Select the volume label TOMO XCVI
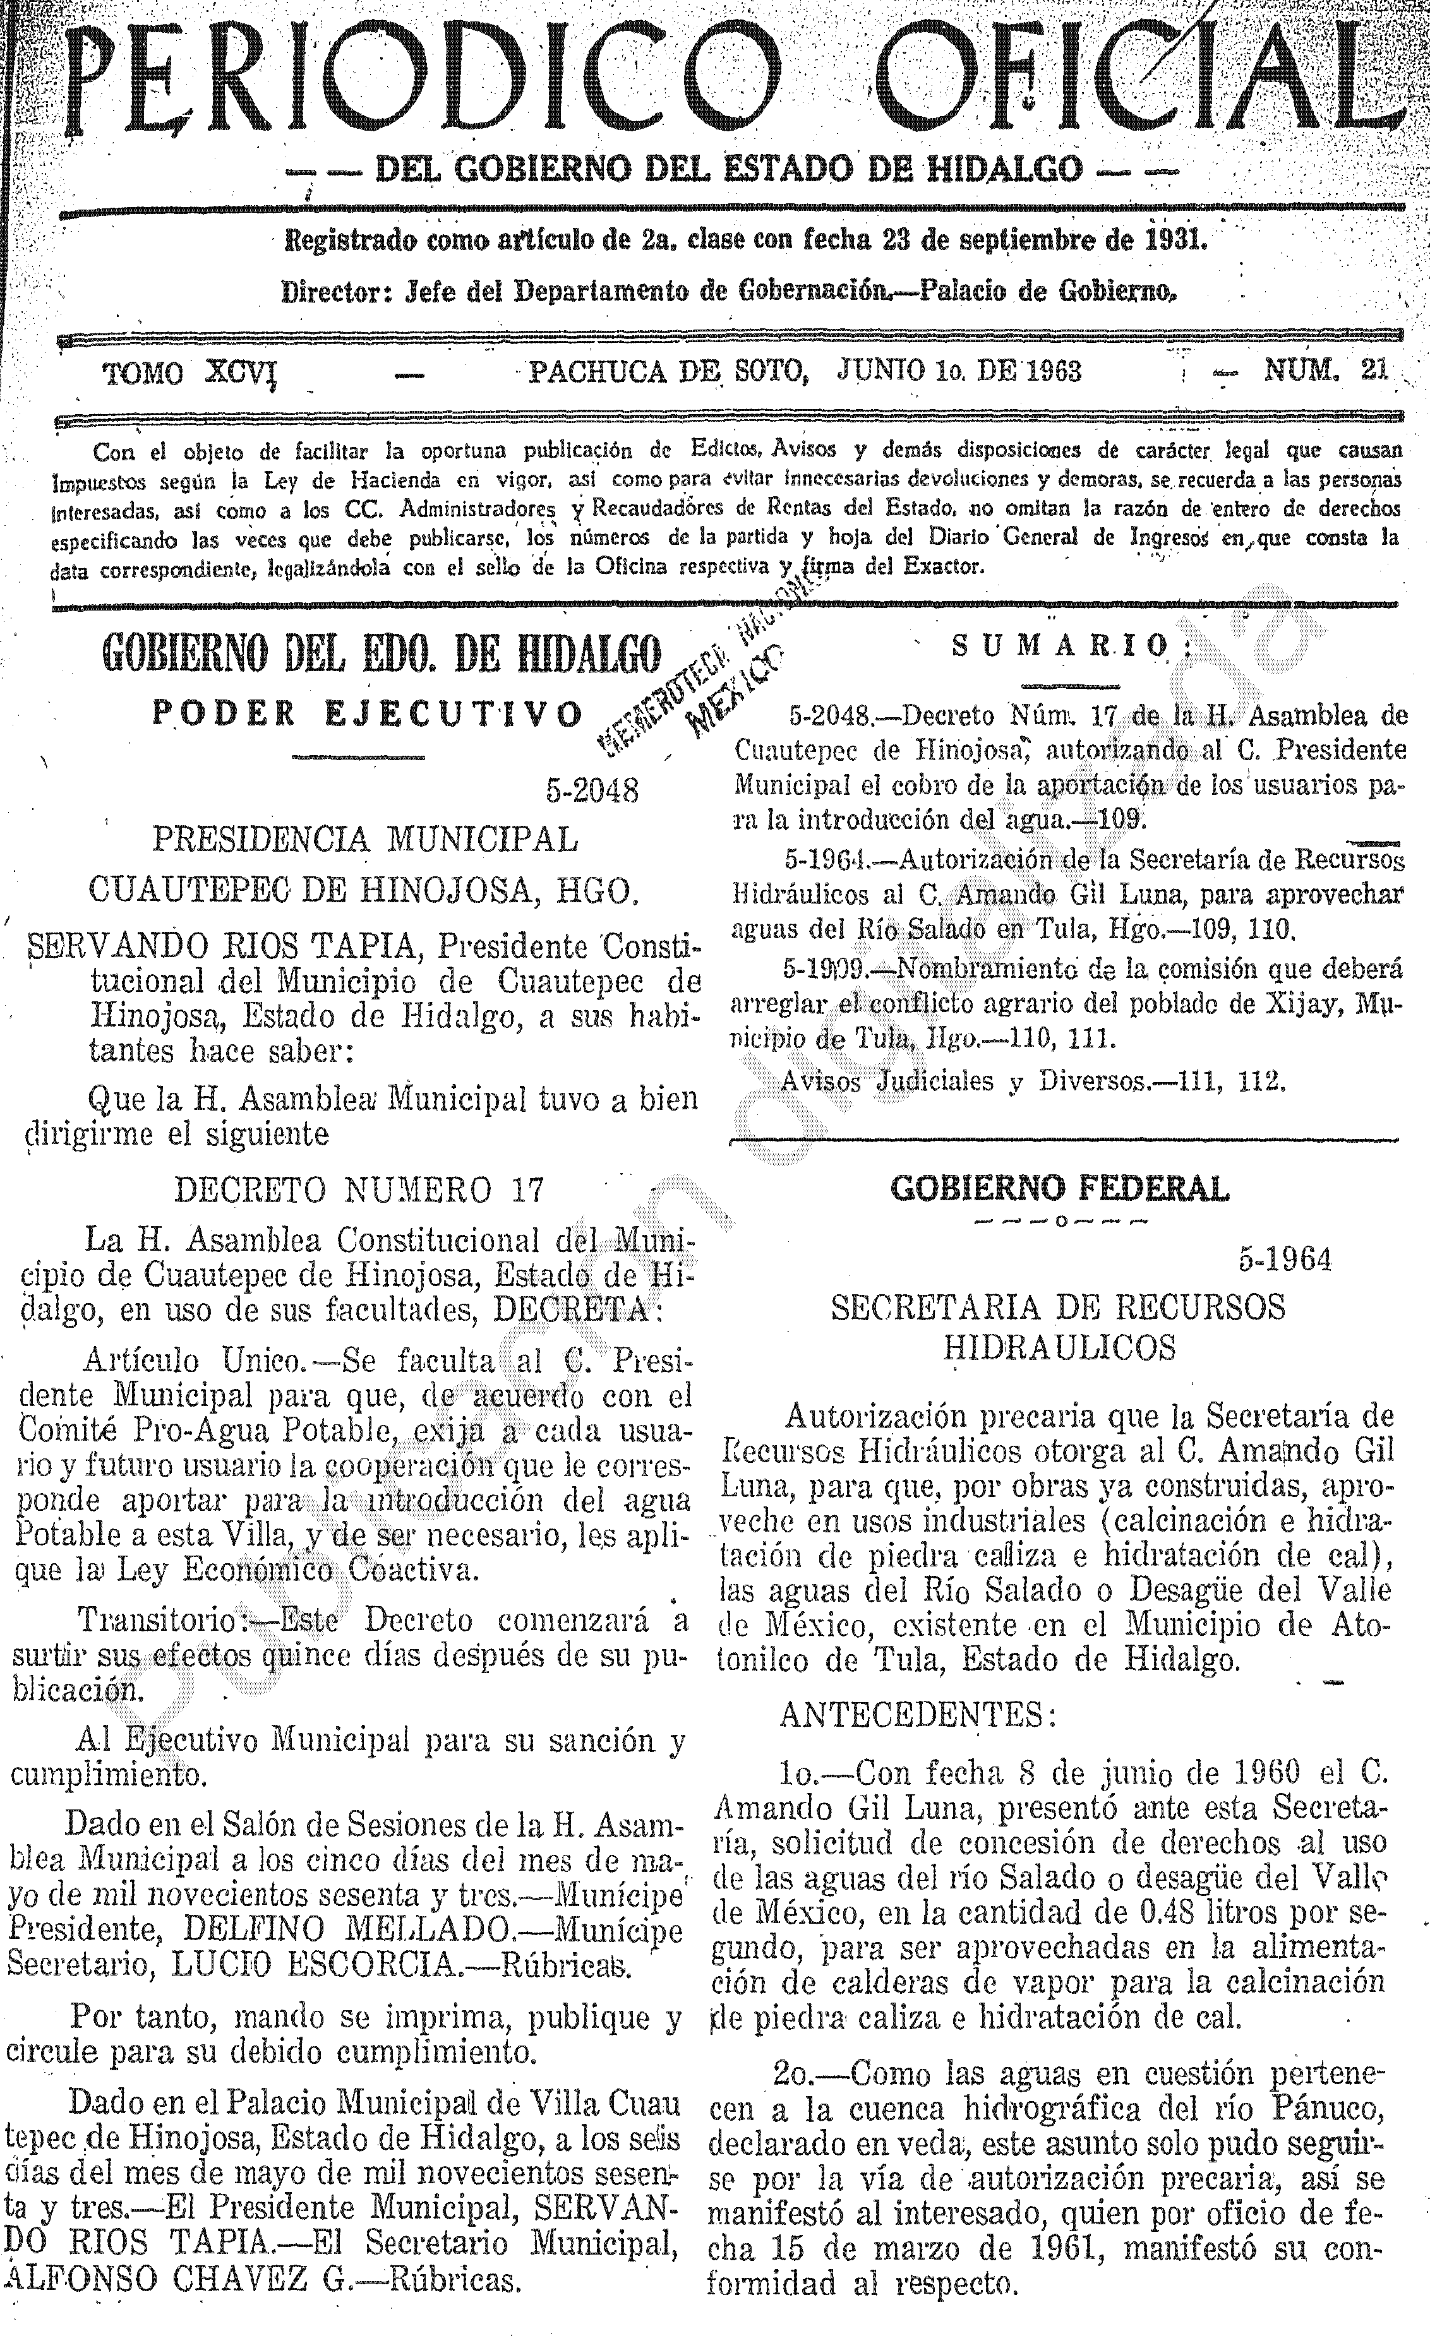tap(189, 372)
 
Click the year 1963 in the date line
tap(1046, 370)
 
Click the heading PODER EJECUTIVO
tap(366, 713)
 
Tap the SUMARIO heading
tap(1071, 647)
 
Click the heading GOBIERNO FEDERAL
tap(1059, 1188)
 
